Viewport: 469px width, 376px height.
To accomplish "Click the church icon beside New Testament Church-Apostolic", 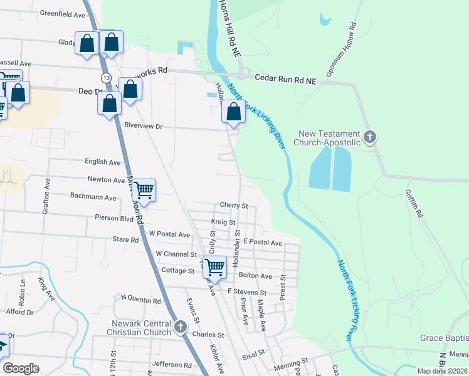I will point(370,137).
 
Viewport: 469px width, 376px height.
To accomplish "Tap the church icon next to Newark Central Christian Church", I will point(181,326).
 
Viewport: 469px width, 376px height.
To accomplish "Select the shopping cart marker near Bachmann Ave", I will point(144,190).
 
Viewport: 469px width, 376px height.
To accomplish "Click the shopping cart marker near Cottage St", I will point(214,267).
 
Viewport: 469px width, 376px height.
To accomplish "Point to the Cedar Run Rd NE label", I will point(286,78).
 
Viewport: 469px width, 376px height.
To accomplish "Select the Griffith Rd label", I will point(414,204).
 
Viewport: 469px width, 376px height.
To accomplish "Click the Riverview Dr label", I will point(143,126).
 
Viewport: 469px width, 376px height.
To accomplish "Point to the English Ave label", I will point(102,162).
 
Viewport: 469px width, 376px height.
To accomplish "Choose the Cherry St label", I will point(234,205).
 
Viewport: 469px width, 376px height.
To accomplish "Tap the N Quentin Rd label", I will point(140,301).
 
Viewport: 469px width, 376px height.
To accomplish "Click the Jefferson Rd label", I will point(171,364).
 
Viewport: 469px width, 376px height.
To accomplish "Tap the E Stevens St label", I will point(246,292).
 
